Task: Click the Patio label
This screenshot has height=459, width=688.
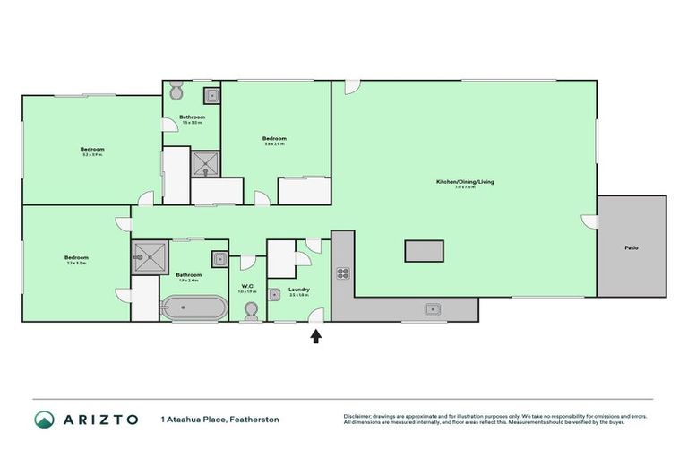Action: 632,247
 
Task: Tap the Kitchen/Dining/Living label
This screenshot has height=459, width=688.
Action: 464,182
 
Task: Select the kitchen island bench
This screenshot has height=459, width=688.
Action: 425,251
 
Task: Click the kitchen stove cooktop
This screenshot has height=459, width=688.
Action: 342,274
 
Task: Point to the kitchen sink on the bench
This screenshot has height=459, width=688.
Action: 433,309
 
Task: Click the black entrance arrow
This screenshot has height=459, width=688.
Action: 315,336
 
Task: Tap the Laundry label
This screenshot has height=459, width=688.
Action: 299,290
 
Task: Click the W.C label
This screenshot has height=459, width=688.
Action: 248,287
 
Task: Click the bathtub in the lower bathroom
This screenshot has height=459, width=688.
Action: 193,309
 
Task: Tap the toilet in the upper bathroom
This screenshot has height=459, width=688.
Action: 176,92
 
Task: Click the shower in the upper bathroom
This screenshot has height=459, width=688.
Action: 205,162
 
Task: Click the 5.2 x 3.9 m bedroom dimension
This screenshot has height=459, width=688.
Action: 92,155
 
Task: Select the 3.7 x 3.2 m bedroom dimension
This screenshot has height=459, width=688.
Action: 77,264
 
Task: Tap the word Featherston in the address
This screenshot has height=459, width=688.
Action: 256,420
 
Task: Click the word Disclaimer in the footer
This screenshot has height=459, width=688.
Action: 358,416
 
